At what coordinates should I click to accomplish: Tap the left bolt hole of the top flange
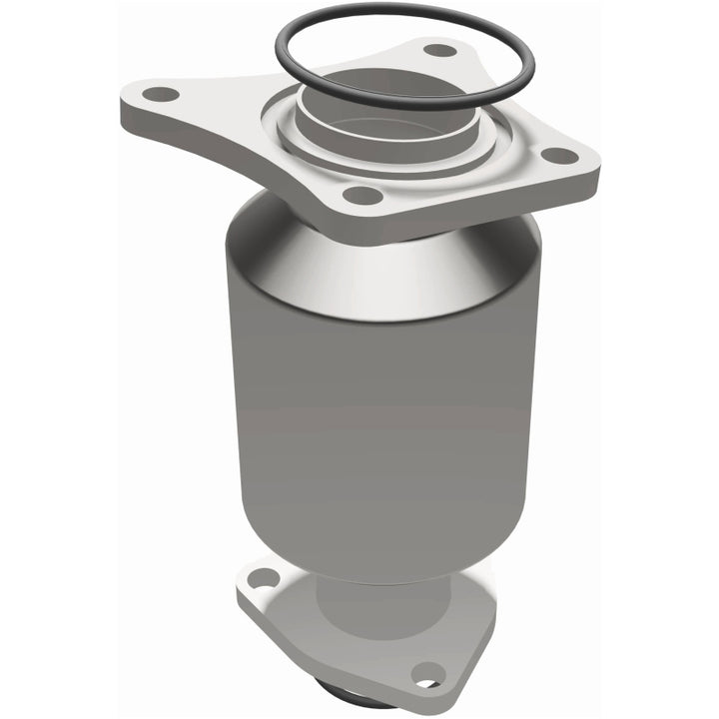[159, 95]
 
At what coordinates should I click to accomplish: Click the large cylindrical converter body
[389, 399]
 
